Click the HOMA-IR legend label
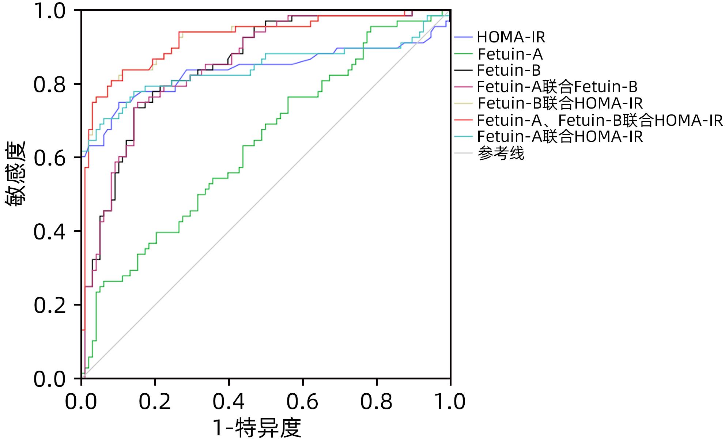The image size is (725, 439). [x=511, y=37]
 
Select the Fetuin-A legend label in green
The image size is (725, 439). [x=510, y=54]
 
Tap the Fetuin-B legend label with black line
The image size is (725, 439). [x=509, y=70]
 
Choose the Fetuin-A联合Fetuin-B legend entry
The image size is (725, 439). [x=557, y=87]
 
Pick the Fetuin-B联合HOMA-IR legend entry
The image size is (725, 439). [x=560, y=103]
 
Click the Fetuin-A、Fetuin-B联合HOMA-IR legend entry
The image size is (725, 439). [x=600, y=120]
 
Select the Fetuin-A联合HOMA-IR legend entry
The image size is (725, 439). [x=560, y=137]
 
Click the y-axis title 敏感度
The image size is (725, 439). [x=15, y=174]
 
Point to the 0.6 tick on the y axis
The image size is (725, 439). [x=49, y=158]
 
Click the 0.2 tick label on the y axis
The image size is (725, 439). [x=49, y=306]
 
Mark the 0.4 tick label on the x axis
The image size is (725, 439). [x=229, y=402]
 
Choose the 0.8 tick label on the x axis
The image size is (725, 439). [x=376, y=402]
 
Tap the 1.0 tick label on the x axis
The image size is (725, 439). [x=450, y=402]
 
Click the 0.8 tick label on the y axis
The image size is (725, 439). [x=49, y=85]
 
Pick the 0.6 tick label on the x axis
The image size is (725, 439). [x=302, y=402]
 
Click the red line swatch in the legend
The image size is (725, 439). [x=464, y=120]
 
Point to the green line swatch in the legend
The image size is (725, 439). [x=464, y=54]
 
